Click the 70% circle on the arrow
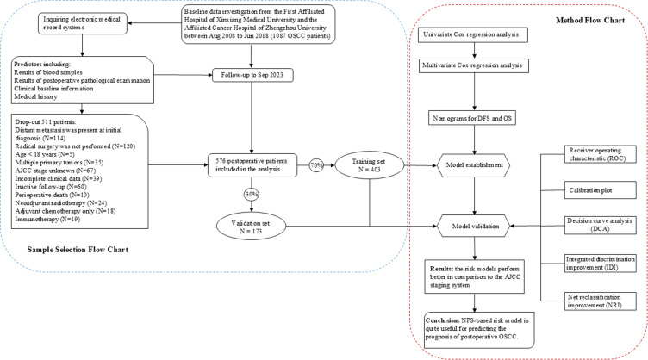(x=316, y=165)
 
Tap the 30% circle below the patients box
(x=252, y=194)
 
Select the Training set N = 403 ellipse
(x=370, y=165)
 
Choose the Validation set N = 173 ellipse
(x=251, y=227)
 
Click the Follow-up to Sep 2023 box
(x=252, y=75)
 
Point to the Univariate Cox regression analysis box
(x=473, y=34)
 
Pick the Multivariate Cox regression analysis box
(x=474, y=65)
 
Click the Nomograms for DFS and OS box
(x=472, y=119)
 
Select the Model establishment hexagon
(x=474, y=165)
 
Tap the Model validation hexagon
(x=474, y=227)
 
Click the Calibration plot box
(x=600, y=190)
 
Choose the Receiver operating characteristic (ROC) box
(x=600, y=154)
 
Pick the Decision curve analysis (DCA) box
(x=600, y=225)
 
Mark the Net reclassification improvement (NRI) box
(x=600, y=301)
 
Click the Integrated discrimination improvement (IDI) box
(x=600, y=264)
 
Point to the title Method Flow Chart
(x=590, y=20)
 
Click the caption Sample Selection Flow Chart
(x=78, y=250)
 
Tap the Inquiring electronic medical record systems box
(x=83, y=23)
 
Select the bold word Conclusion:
(x=443, y=320)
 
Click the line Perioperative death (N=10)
(x=52, y=195)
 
